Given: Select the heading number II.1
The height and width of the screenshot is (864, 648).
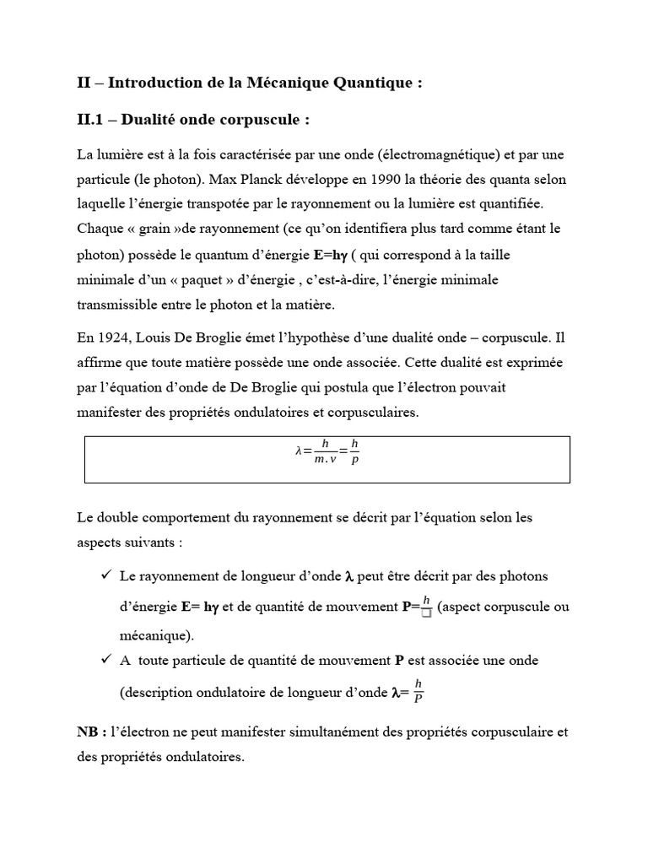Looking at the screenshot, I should pos(93,120).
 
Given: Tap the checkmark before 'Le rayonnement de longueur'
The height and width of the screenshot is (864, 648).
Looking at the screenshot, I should pos(105,575).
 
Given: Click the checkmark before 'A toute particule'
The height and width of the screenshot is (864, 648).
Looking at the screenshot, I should pos(105,660).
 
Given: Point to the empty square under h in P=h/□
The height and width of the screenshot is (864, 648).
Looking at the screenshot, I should pos(426,613).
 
